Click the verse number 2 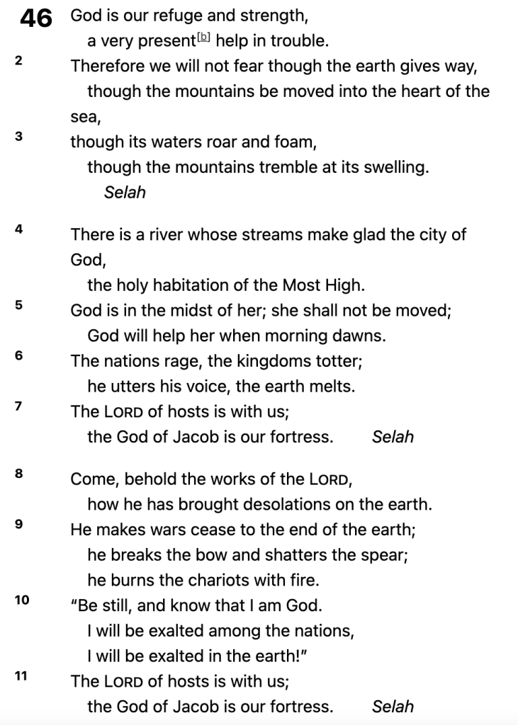pyautogui.click(x=18, y=60)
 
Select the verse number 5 pyautogui.click(x=18, y=305)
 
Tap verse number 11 pyautogui.click(x=21, y=675)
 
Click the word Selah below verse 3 pyautogui.click(x=125, y=192)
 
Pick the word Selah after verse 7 pyautogui.click(x=393, y=437)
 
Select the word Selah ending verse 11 pyautogui.click(x=393, y=706)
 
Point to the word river pyautogui.click(x=167, y=234)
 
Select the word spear pyautogui.click(x=386, y=555)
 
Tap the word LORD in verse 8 pyautogui.click(x=329, y=479)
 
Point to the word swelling pyautogui.click(x=397, y=168)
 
